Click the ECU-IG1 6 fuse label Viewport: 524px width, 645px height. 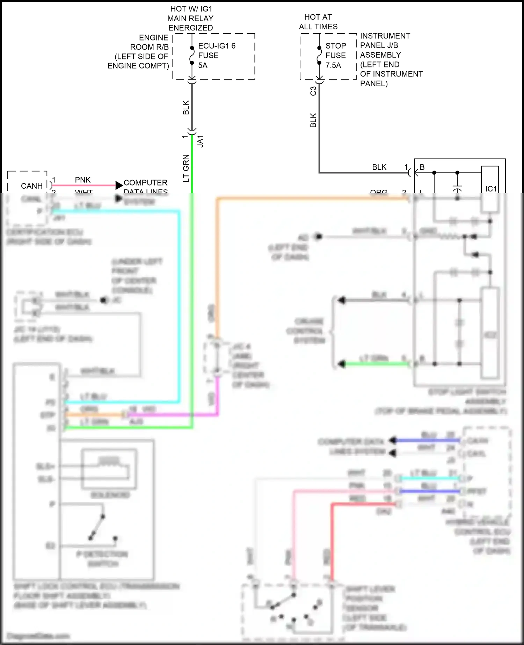coord(217,46)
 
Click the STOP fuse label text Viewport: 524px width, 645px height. coord(335,51)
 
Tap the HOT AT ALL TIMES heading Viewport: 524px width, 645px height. coord(318,22)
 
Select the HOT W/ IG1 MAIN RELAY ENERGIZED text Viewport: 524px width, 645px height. coord(190,18)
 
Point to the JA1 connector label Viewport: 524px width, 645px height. coord(201,141)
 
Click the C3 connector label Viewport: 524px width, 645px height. coord(313,91)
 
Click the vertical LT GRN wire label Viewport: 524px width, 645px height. coord(186,168)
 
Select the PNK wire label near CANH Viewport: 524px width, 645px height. coord(83,180)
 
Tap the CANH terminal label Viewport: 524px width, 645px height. coord(31,186)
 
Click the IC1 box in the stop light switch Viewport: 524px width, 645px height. coord(490,189)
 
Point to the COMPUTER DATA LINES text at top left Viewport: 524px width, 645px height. coord(145,183)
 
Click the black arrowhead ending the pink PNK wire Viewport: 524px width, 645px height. coord(119,186)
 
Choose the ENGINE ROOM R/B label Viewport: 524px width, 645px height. coord(149,42)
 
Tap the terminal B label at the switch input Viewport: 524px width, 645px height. coord(422,167)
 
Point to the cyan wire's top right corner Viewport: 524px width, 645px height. coord(179,212)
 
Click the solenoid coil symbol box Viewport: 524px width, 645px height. coord(109,469)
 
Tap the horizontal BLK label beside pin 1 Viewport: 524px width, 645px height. coord(379,167)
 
